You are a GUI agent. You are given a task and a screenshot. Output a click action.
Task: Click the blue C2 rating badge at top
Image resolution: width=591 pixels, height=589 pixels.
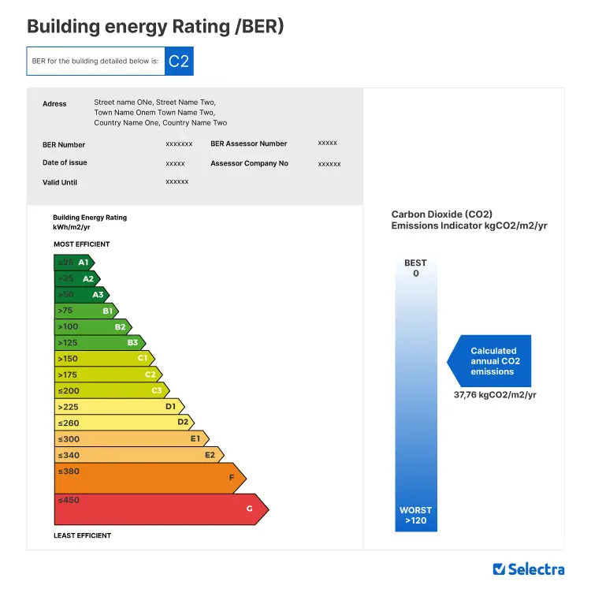click(179, 62)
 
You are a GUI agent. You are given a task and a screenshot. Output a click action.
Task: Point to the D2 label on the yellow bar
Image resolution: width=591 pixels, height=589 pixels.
click(183, 423)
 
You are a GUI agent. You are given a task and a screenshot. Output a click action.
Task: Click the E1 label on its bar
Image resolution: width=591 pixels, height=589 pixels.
click(195, 438)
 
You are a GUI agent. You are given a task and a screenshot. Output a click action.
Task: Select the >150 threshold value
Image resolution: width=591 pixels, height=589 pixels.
click(68, 359)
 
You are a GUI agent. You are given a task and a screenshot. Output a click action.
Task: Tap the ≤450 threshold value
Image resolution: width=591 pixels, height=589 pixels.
click(69, 500)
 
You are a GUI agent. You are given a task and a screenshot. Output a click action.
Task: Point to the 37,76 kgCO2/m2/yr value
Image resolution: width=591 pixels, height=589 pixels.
click(495, 395)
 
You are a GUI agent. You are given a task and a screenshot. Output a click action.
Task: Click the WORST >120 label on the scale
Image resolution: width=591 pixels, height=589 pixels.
click(415, 516)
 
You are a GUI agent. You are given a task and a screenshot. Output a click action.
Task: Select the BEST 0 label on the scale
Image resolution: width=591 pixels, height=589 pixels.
click(415, 268)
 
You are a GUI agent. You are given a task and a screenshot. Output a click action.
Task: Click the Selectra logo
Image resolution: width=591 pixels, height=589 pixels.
click(528, 568)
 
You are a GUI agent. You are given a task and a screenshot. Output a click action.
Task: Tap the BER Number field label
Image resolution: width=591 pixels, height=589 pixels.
click(64, 145)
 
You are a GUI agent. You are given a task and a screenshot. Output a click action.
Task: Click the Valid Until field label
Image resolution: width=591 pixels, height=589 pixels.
click(60, 182)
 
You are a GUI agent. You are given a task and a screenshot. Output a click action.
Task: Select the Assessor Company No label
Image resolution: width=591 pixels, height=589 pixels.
click(249, 164)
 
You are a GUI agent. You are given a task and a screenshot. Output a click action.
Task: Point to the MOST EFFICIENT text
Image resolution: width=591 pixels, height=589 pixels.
click(82, 244)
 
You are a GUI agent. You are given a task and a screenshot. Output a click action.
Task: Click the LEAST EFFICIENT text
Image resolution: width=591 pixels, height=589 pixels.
click(83, 535)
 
